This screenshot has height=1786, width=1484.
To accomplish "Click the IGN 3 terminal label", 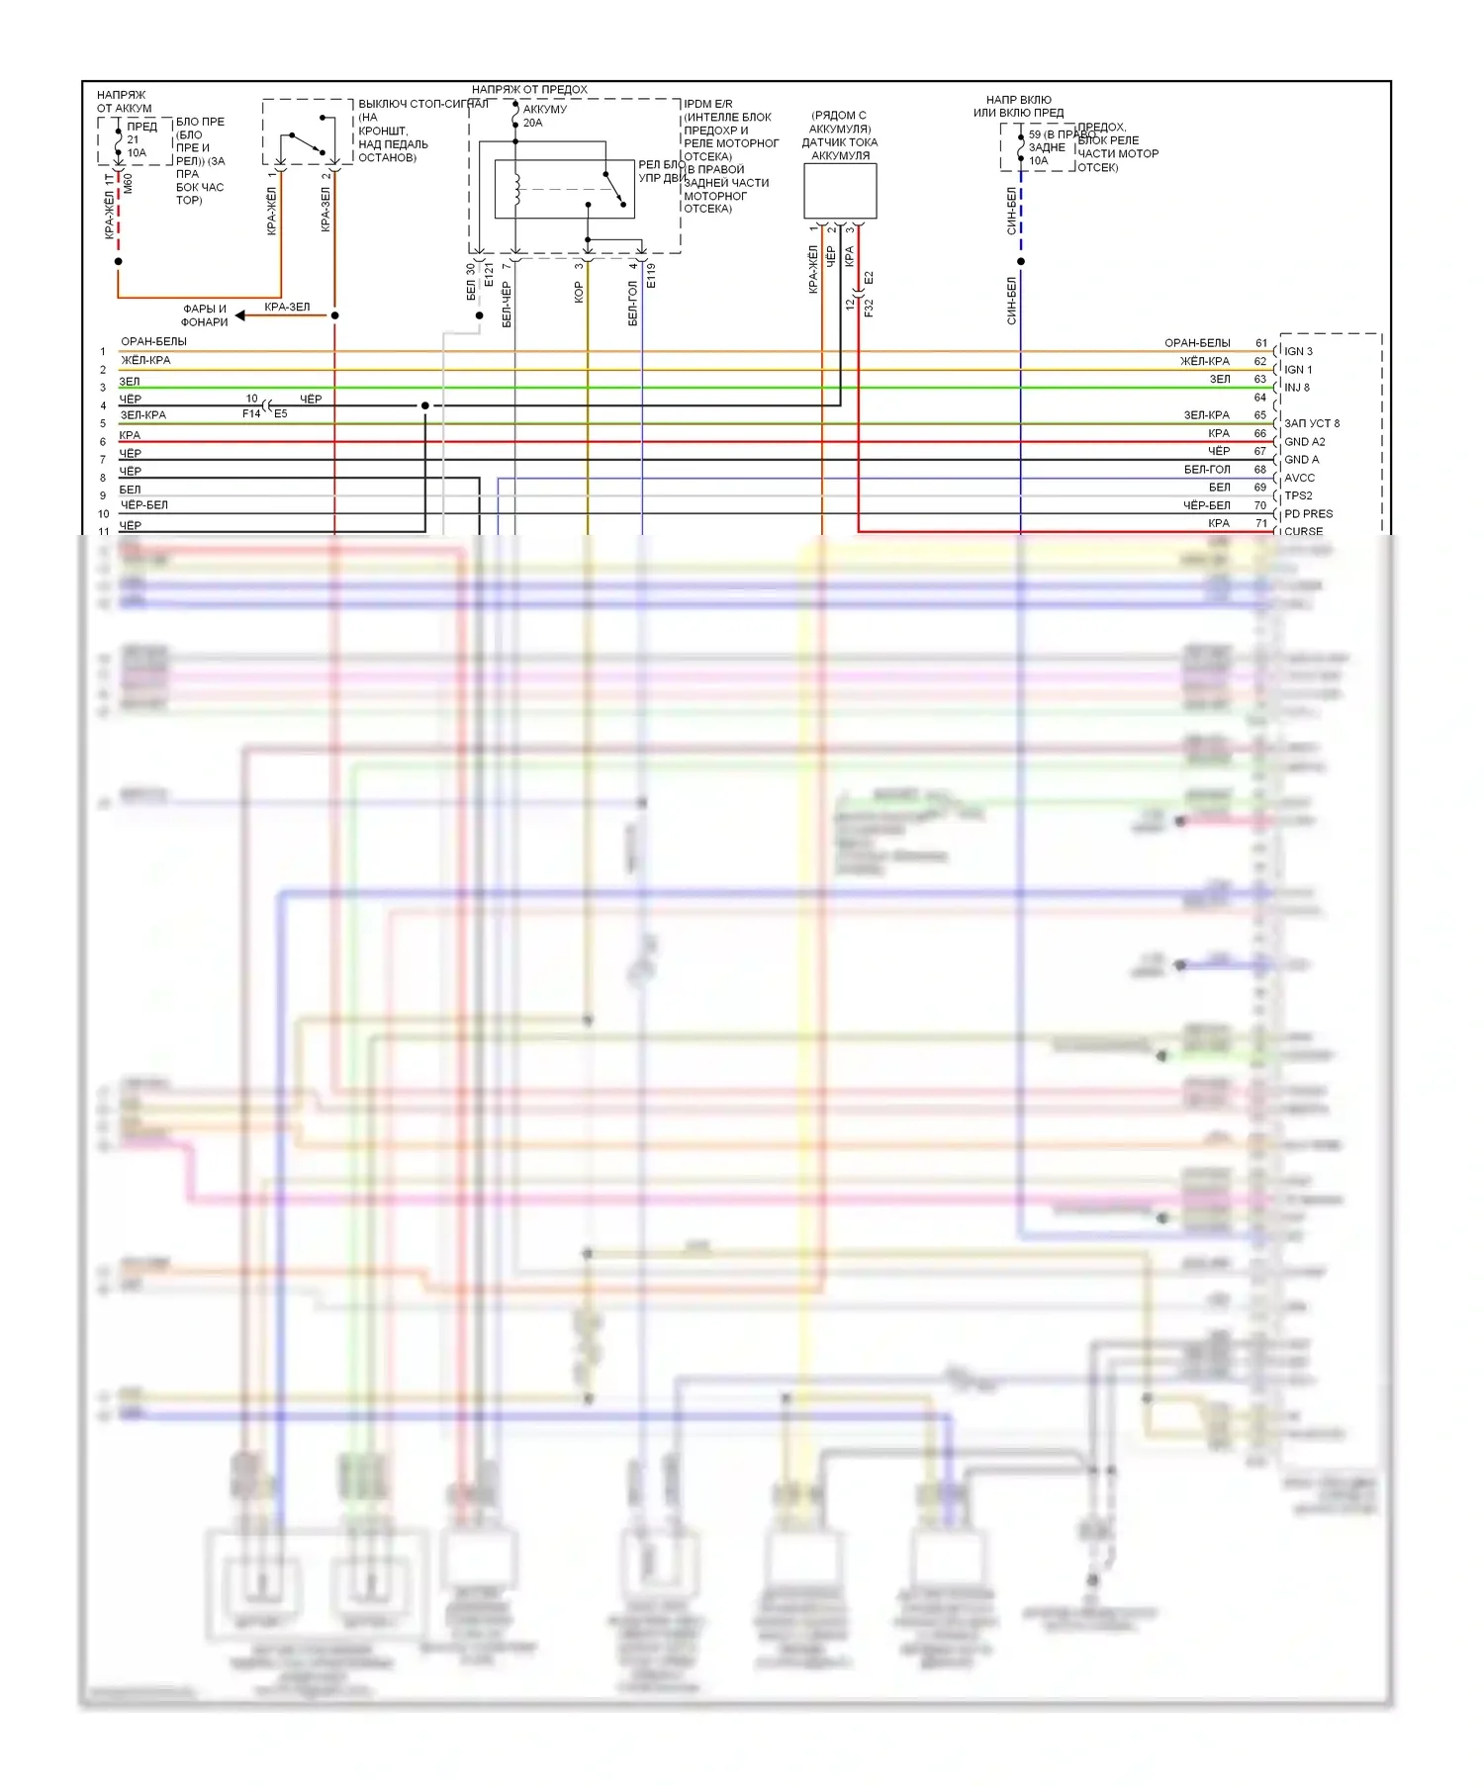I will [x=1298, y=351].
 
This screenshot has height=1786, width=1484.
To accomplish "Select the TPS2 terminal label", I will [x=1298, y=495].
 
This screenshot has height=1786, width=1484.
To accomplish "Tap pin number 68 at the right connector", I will [x=1260, y=470].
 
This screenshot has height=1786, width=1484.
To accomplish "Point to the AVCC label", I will [x=1299, y=478].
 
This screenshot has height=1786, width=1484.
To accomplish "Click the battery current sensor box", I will [x=840, y=191].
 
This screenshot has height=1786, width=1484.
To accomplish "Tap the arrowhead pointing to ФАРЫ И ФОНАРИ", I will [x=240, y=315].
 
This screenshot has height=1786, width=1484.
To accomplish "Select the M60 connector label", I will [x=128, y=183].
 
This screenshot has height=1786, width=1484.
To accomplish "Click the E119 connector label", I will [x=651, y=276].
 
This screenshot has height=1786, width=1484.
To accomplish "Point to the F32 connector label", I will [x=869, y=307].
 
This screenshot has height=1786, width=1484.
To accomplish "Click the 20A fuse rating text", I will [x=532, y=123].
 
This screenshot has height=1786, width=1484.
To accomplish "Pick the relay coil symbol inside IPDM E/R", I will [x=515, y=190].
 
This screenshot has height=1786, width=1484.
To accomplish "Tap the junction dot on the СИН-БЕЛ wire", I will [x=1021, y=261].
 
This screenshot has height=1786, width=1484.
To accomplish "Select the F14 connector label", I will [x=251, y=413].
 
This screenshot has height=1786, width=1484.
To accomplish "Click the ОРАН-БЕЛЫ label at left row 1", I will [x=153, y=342].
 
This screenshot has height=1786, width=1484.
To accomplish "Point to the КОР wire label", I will [x=579, y=293].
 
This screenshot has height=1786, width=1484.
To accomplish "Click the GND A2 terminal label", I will [x=1304, y=441].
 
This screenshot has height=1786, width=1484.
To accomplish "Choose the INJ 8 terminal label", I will [x=1296, y=388].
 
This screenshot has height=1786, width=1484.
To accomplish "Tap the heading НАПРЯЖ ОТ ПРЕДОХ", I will [x=529, y=90].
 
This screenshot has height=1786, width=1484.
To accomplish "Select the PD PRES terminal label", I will [x=1308, y=514].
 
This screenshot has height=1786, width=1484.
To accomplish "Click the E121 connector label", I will [x=489, y=275].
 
